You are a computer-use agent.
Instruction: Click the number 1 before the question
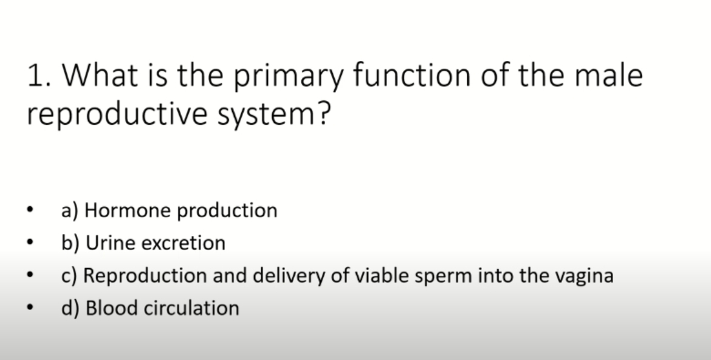click(36, 75)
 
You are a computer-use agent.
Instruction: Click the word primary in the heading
click(289, 76)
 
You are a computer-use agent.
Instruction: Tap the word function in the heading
click(412, 74)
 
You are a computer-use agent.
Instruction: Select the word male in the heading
click(608, 74)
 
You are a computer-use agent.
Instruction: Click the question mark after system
click(323, 113)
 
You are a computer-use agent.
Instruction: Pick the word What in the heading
click(100, 74)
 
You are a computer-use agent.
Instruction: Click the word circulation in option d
click(191, 308)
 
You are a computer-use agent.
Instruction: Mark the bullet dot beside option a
click(30, 210)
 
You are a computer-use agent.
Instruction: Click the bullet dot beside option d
click(30, 307)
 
